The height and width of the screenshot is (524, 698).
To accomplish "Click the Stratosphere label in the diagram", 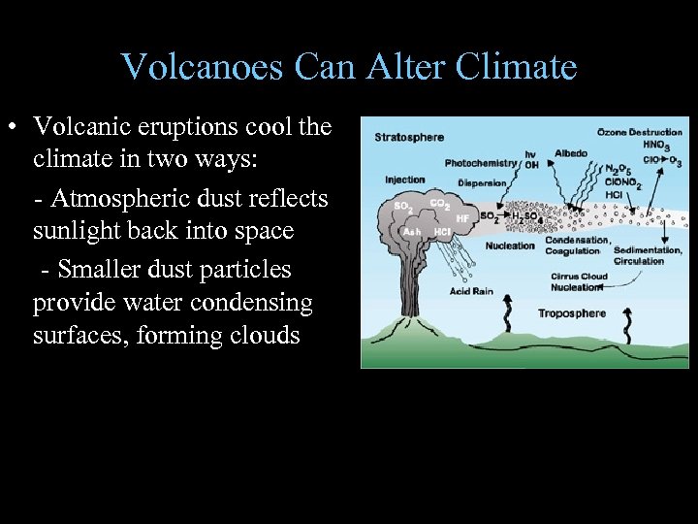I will [x=408, y=137].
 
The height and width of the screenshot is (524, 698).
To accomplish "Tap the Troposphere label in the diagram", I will [x=571, y=313].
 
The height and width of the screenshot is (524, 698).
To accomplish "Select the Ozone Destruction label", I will [x=641, y=131].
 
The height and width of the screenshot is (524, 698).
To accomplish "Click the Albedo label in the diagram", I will [x=570, y=152].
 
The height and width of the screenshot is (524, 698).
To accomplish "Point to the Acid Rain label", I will [x=471, y=291].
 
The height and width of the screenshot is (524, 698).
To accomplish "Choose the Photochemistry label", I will [x=482, y=163].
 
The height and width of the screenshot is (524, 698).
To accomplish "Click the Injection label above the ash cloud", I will [x=404, y=180].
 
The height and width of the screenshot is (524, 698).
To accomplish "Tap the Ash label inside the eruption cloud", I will [x=411, y=232].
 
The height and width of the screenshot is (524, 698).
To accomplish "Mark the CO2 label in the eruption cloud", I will [x=437, y=205].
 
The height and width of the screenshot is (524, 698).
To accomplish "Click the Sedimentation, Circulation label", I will [x=639, y=255].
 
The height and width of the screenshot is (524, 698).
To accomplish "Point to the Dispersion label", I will [x=481, y=181].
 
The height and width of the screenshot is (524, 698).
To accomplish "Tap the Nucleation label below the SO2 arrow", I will [x=510, y=246].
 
